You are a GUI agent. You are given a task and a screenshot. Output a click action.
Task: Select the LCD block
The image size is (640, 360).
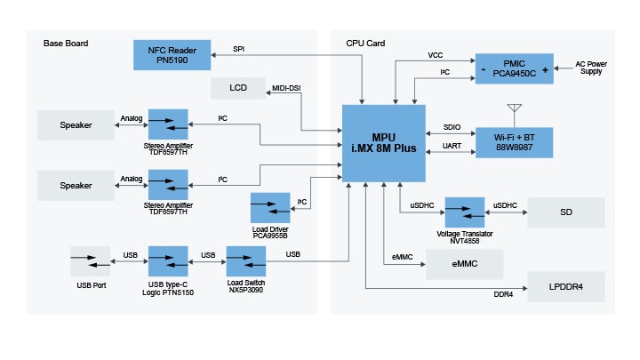click(238, 88)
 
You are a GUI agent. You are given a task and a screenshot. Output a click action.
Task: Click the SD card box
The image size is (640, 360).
click(565, 212)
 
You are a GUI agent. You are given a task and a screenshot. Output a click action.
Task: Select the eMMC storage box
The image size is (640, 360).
click(464, 264)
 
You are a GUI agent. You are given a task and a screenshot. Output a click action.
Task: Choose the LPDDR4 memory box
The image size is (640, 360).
click(565, 287)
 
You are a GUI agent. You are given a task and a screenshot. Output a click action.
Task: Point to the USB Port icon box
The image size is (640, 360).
click(91, 261)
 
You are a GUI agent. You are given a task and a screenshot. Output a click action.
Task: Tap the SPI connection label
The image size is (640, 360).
click(238, 48)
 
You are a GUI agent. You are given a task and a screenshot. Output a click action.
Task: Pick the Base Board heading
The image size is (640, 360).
click(66, 44)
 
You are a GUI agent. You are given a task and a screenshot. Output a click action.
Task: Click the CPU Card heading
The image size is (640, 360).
click(365, 44)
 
